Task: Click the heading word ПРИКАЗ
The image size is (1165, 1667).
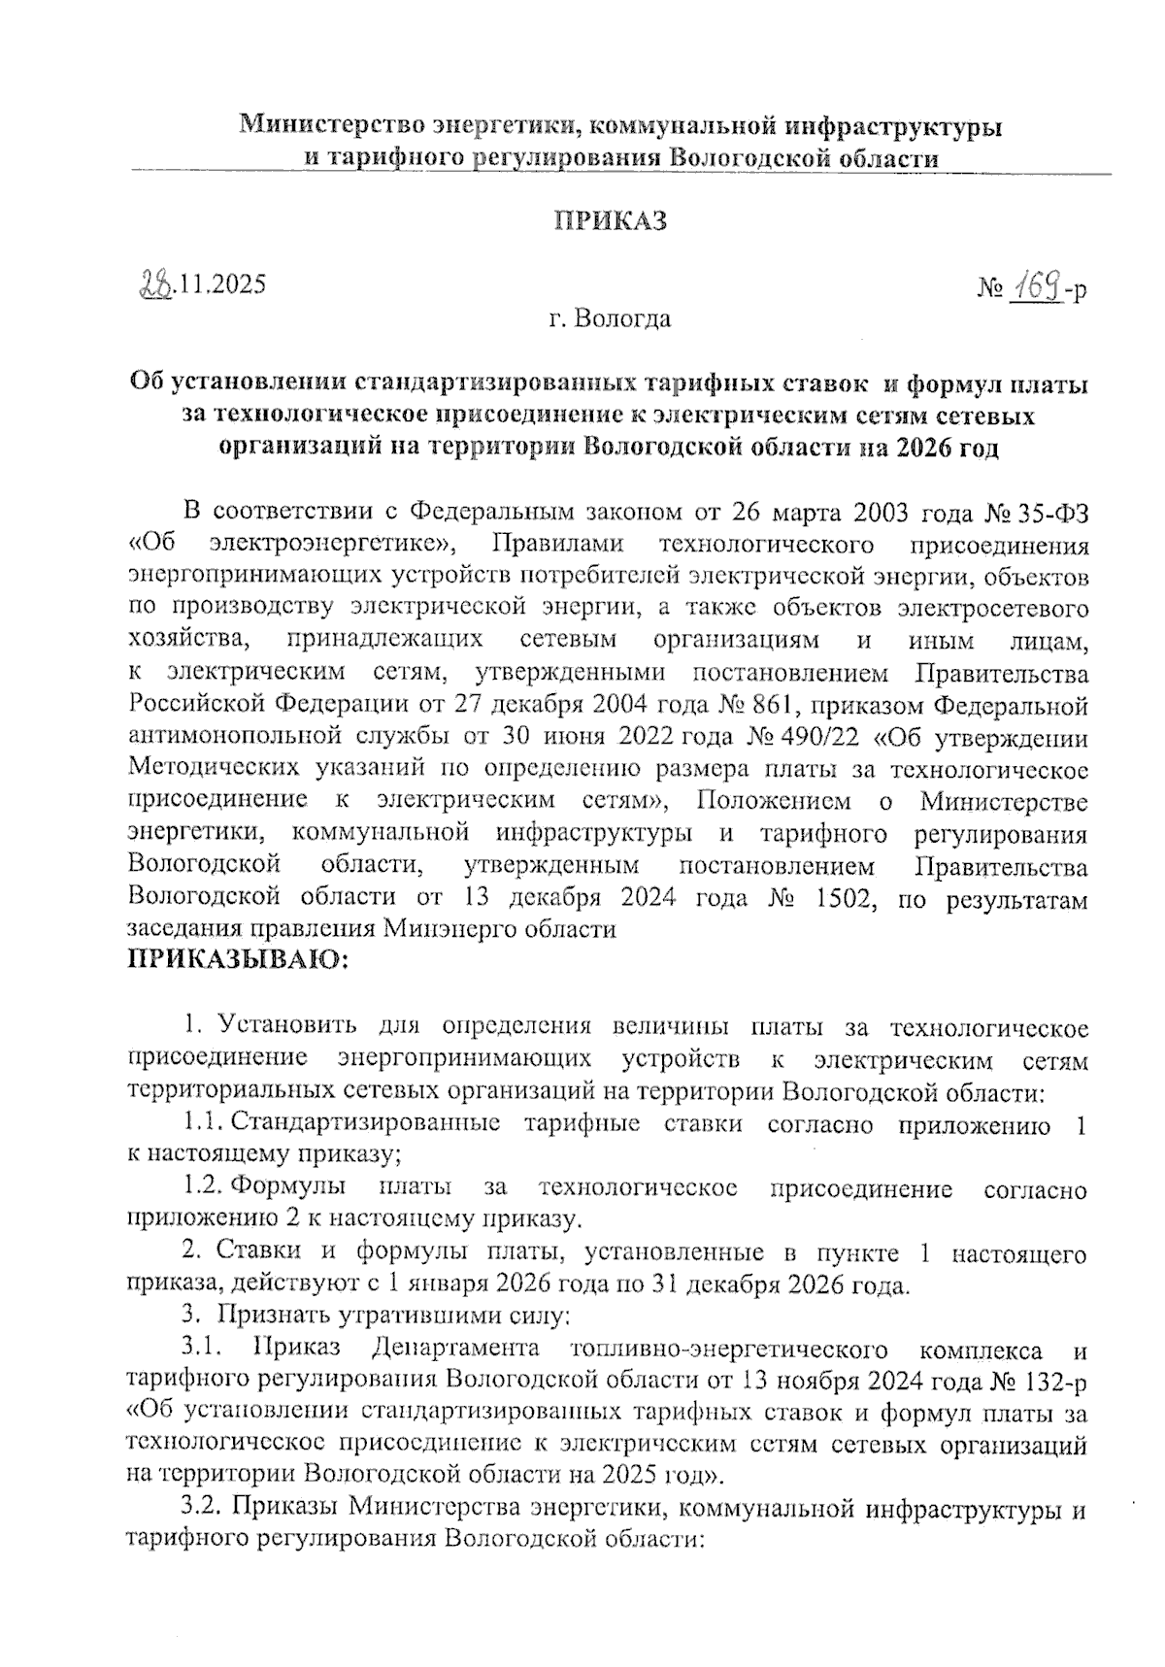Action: coord(611,220)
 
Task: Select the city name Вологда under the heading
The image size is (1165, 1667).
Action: coord(622,317)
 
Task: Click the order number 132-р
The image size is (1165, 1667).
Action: coord(1050,1380)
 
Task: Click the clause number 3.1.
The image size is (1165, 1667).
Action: coord(203,1349)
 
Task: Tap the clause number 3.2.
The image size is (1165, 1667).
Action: coord(203,1509)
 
